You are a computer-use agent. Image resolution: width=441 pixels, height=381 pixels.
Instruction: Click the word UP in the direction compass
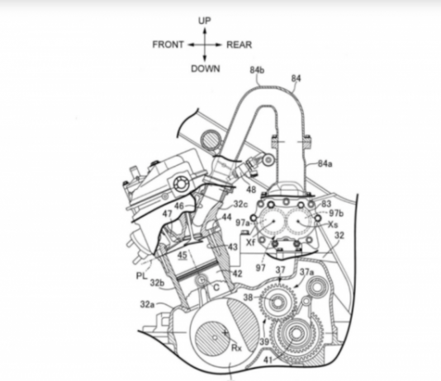tap(205, 21)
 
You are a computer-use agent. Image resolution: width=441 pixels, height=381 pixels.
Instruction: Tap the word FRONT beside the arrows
tap(168, 45)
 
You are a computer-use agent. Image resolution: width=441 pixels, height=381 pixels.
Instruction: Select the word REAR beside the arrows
tap(239, 45)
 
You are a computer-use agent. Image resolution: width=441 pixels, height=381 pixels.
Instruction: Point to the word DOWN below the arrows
tap(206, 68)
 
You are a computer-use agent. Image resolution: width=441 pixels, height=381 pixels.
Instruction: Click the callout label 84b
tap(257, 70)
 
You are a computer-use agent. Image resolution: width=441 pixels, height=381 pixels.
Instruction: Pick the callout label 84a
tap(325, 163)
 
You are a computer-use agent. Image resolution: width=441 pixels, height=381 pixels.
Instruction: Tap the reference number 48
tap(251, 190)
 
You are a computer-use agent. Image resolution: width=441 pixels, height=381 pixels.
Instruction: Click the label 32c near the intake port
tap(241, 205)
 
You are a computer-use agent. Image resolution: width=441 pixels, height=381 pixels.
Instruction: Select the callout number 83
tap(326, 204)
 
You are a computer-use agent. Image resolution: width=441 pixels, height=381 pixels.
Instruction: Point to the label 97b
tap(336, 213)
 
